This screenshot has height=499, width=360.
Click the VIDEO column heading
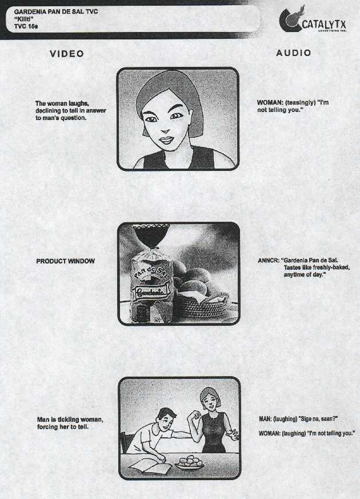point(67,54)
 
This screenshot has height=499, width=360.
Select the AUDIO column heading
point(294,53)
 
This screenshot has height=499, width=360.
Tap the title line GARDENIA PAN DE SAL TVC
point(56,12)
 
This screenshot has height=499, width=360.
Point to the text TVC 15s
point(26,26)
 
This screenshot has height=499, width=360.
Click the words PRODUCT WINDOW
point(66,261)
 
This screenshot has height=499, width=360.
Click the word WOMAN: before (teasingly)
point(270,102)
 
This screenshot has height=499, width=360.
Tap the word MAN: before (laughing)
point(266,419)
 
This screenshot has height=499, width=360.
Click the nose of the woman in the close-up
point(166,130)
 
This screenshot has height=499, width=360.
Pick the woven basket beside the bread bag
point(203,305)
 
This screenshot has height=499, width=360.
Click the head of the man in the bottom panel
point(166,419)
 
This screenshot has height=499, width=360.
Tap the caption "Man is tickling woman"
point(70,420)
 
